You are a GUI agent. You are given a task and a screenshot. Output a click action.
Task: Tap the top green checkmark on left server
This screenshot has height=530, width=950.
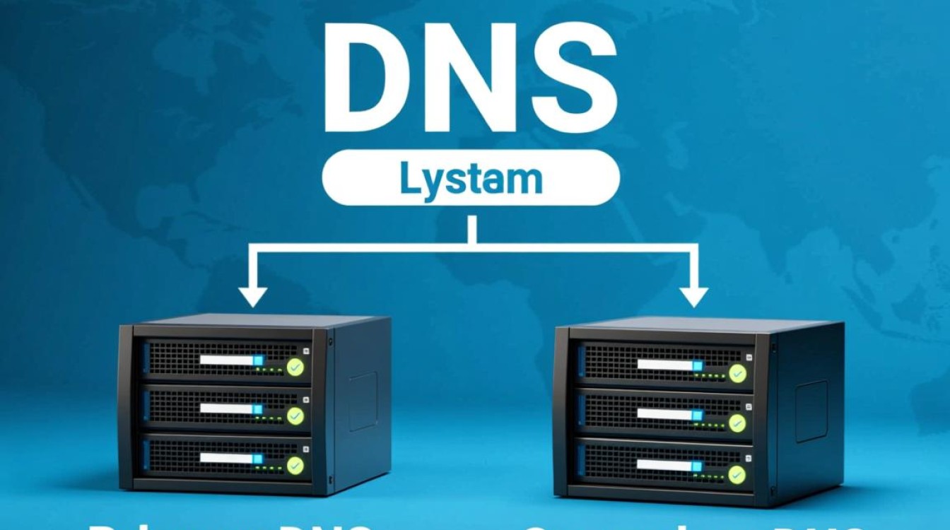(295, 367)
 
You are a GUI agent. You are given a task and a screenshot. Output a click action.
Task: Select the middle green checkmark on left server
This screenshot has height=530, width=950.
(295, 416)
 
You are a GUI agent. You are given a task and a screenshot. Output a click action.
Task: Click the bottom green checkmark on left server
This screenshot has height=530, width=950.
(295, 465)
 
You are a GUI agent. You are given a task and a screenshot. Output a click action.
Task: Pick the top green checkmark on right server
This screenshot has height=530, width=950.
(737, 372)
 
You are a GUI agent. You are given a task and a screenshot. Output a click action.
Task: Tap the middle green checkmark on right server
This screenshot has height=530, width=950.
(737, 423)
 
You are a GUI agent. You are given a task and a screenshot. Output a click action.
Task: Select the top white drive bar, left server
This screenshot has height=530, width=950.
(227, 360)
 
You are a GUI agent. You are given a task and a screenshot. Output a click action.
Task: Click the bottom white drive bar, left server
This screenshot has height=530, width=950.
(227, 458)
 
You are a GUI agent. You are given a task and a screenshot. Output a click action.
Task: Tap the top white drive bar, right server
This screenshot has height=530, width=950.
(665, 365)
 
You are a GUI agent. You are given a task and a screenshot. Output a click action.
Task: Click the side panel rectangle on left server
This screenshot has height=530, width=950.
(363, 401)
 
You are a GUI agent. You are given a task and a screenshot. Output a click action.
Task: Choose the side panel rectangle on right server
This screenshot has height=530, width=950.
(811, 402)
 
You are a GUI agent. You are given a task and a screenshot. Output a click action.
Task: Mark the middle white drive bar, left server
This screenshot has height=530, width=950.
(227, 408)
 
